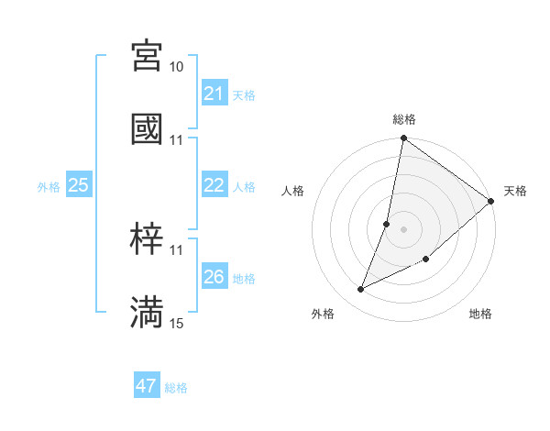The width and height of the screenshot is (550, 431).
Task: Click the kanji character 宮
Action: tap(147, 56)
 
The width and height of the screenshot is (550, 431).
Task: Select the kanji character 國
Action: tap(147, 128)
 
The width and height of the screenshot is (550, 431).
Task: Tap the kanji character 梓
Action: tap(147, 239)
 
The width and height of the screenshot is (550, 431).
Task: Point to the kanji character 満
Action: tap(147, 312)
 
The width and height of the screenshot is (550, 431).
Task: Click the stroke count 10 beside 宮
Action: tap(177, 67)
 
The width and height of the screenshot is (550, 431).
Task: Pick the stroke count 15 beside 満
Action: tap(177, 323)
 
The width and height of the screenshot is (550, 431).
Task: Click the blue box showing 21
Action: tap(214, 94)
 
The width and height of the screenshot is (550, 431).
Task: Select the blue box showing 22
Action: tap(214, 185)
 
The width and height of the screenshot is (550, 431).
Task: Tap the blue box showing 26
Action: tap(214, 277)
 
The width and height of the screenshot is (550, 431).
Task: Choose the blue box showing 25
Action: tap(79, 185)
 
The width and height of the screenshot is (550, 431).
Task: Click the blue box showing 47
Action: tap(147, 386)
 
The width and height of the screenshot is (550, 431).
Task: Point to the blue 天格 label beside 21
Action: tap(244, 94)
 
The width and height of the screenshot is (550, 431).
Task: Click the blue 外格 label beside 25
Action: tap(49, 186)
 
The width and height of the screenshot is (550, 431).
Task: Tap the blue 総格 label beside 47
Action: tap(176, 387)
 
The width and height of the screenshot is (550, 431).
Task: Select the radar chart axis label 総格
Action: tap(404, 119)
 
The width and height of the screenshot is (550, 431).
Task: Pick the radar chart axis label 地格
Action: tap(480, 314)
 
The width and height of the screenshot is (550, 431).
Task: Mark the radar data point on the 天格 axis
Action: tap(491, 201)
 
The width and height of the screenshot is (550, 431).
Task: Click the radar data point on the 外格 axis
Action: tap(361, 290)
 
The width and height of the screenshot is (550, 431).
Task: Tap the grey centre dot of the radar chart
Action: tap(404, 229)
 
